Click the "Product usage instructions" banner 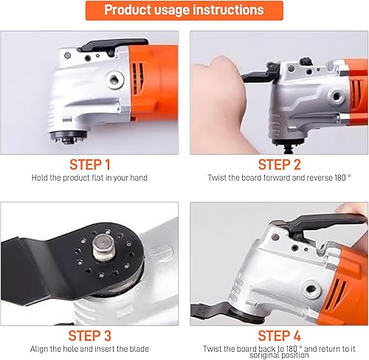tap(184, 10)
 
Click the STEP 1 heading tap(90, 165)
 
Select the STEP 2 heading tap(280, 165)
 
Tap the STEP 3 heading tap(90, 336)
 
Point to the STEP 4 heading tap(280, 336)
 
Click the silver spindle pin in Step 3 tap(104, 247)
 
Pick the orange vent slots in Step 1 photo tap(138, 79)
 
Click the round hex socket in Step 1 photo tap(114, 80)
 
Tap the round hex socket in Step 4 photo tap(311, 288)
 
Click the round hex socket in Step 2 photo tap(336, 96)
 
